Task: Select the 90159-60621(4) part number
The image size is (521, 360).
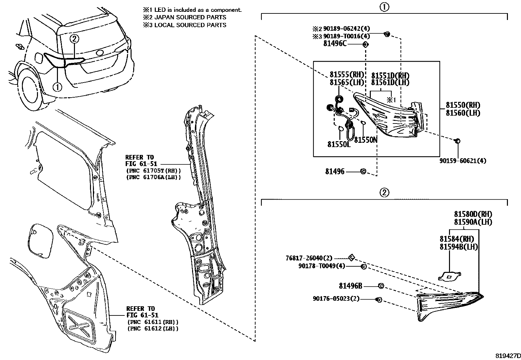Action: coord(462,161)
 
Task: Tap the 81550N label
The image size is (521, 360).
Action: coord(366,140)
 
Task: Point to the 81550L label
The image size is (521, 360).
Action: coord(339,144)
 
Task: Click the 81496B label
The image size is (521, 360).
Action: coord(350,286)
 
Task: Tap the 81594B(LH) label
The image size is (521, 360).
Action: coord(458,247)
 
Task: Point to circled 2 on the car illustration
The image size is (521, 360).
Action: coord(74,39)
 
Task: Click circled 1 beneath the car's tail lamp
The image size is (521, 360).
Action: coord(57,87)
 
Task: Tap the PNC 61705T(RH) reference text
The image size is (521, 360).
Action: coord(153,171)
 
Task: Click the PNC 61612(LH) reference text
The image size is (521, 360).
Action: coord(153,329)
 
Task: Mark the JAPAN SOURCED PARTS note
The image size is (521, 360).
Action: coord(184,17)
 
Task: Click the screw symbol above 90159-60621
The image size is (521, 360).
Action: coord(458,141)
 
